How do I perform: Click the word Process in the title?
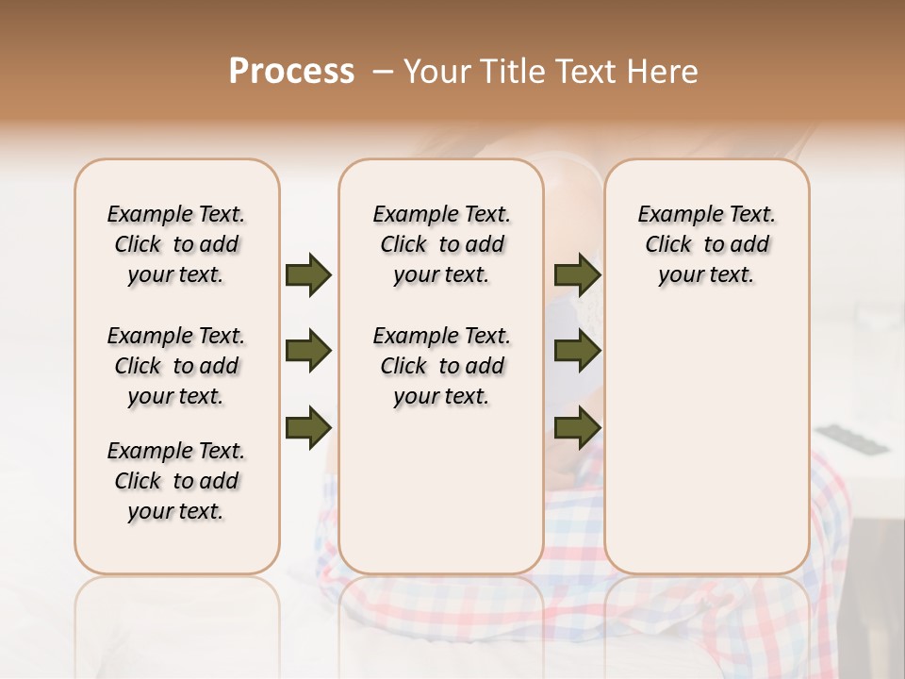click(291, 72)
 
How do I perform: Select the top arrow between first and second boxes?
click(308, 274)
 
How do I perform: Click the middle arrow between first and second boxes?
click(308, 351)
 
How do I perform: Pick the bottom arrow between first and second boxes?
click(308, 427)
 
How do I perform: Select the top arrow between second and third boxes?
click(577, 274)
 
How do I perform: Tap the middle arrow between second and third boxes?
click(577, 351)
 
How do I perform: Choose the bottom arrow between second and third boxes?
click(577, 427)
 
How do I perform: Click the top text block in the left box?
click(176, 244)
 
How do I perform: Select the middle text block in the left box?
click(176, 366)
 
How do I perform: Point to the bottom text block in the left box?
click(176, 481)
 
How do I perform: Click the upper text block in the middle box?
click(441, 244)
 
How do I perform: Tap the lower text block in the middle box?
click(441, 366)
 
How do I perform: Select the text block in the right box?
click(706, 244)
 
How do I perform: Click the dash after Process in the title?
click(382, 72)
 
